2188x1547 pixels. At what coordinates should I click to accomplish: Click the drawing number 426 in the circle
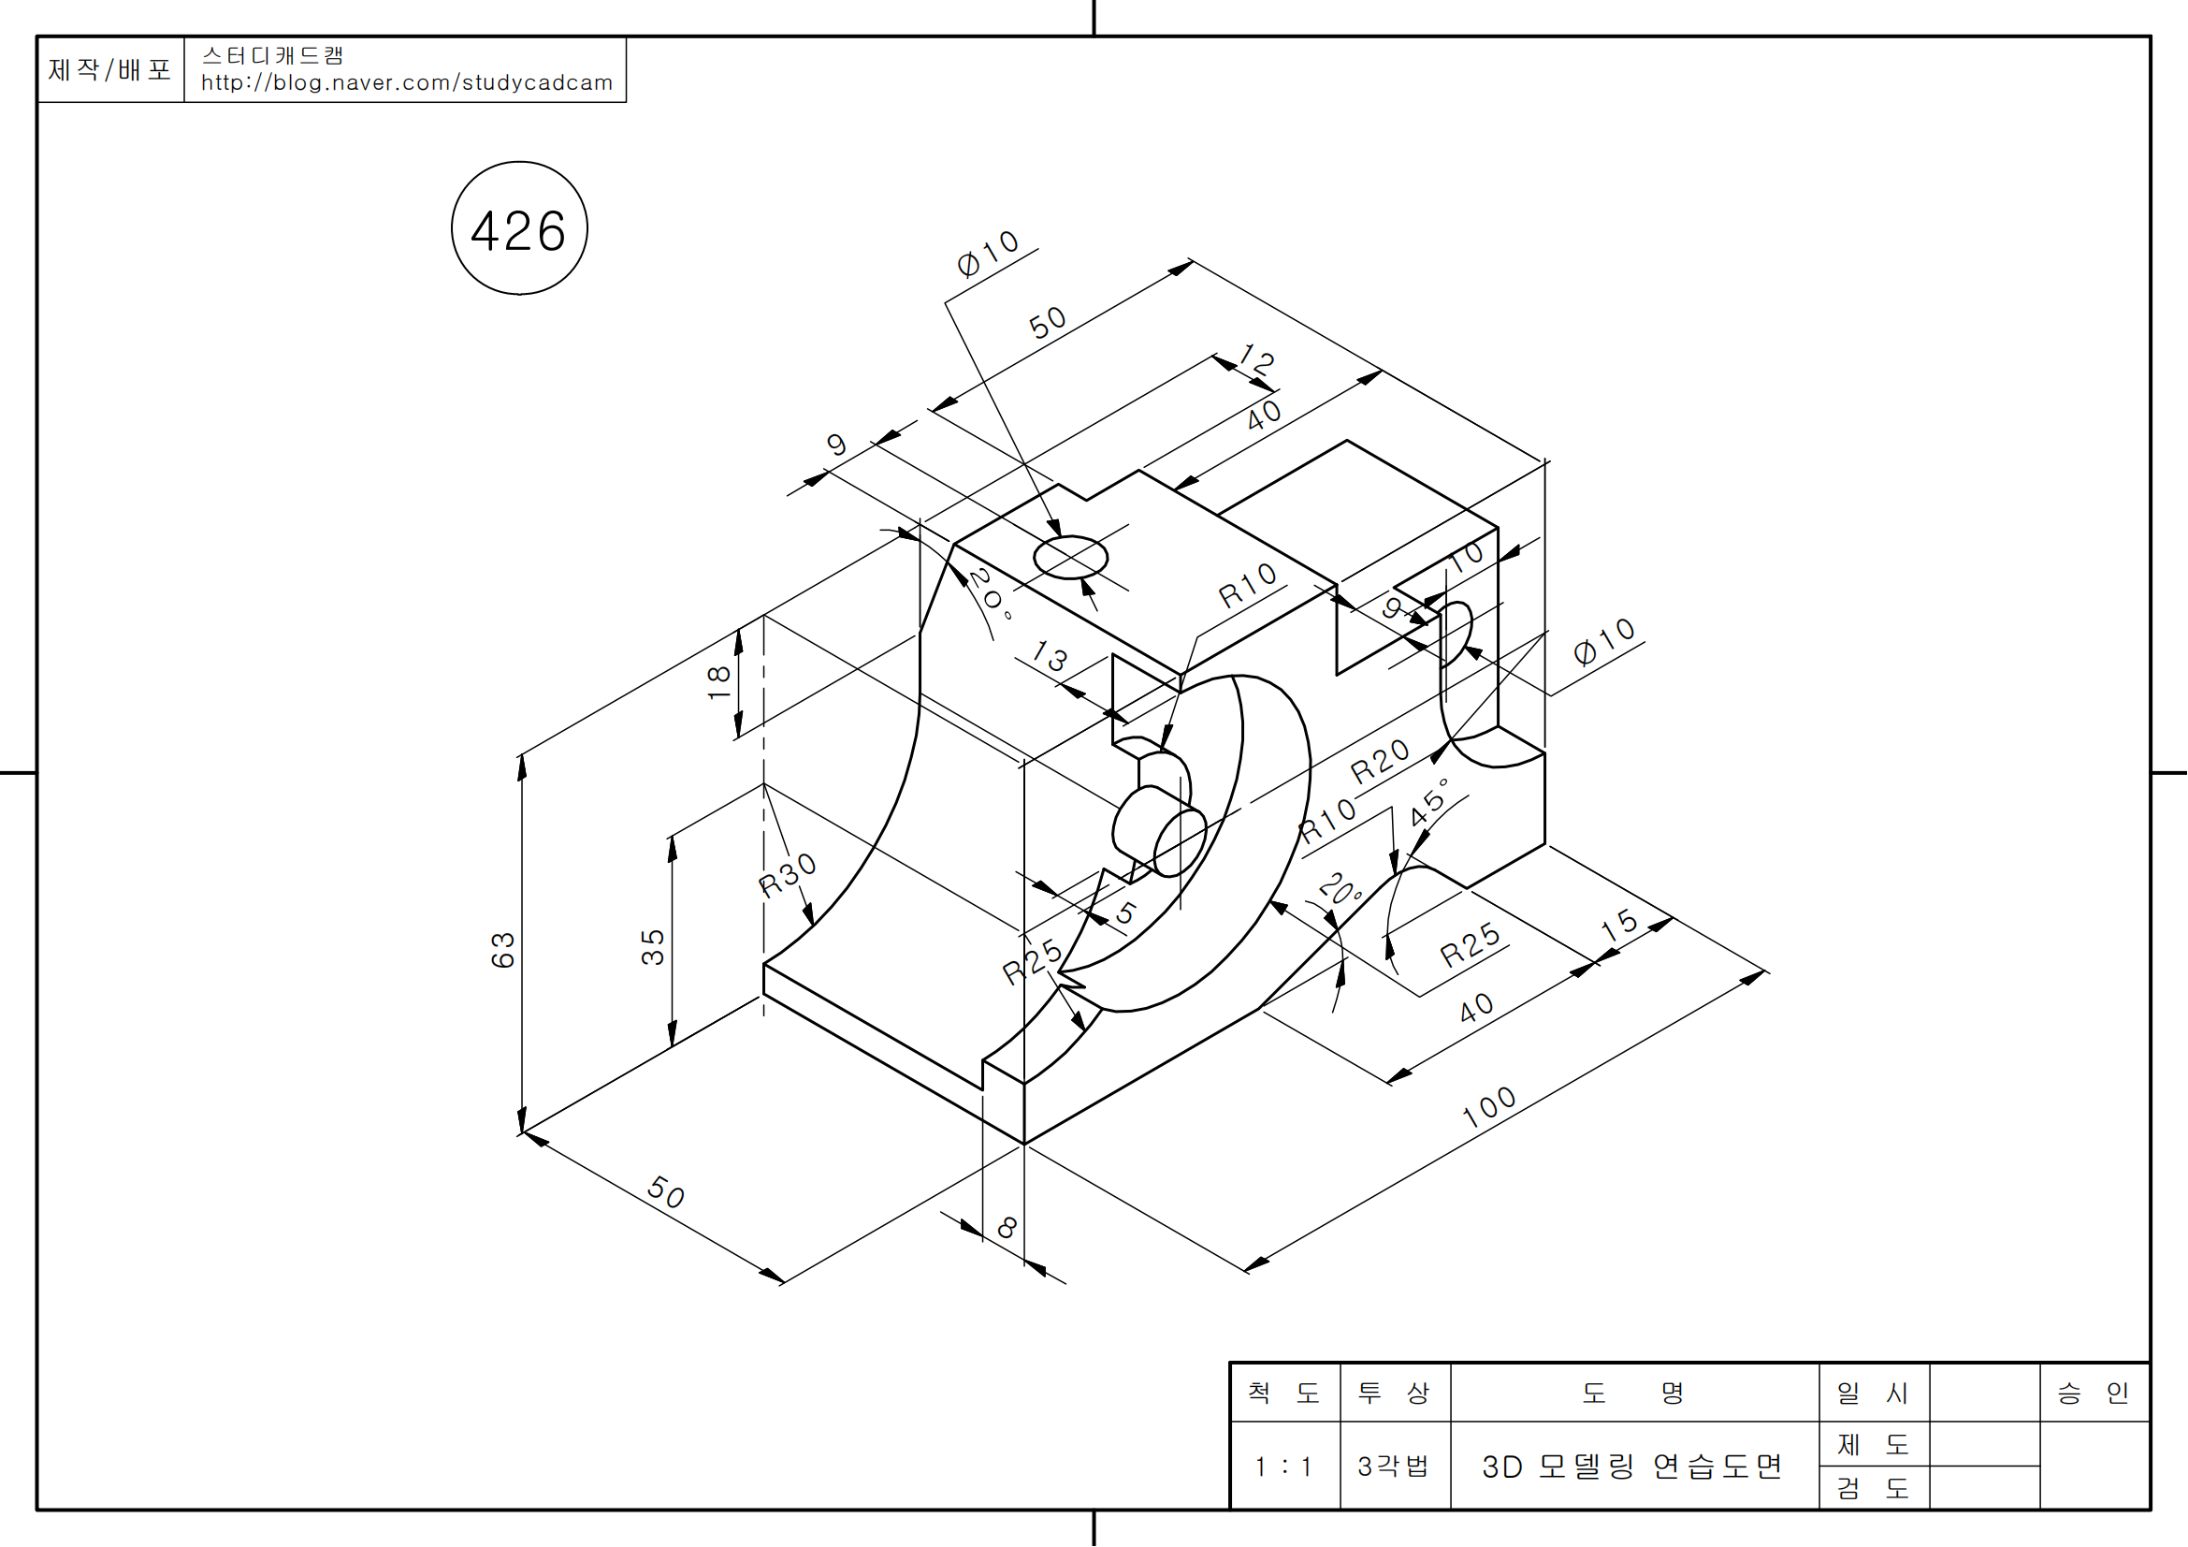coord(518,230)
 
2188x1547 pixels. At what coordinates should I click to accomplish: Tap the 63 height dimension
coord(502,949)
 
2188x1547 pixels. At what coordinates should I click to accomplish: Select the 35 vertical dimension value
coord(653,946)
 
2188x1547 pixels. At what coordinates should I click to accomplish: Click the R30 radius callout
coord(787,874)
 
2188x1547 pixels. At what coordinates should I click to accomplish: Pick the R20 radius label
coord(1379,762)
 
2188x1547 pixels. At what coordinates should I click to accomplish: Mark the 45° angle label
coord(1430,802)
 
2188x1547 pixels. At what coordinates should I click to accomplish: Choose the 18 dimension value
coord(718,681)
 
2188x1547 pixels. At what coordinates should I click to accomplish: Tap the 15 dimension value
coord(1619,925)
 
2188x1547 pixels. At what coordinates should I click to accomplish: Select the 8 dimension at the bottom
coord(1007,1228)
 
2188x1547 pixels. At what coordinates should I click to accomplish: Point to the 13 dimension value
coord(1051,657)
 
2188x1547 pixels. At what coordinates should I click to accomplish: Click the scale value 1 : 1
coord(1283,1466)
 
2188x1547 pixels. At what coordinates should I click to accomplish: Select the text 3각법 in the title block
coord(1393,1466)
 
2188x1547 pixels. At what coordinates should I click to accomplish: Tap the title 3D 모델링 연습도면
coord(1631,1466)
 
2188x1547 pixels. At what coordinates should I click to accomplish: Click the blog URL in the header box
coord(407,83)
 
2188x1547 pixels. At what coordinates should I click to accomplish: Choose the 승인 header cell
coord(2093,1393)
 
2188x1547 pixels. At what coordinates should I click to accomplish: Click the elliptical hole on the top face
coord(1070,558)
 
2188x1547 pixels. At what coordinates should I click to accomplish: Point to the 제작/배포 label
coord(109,69)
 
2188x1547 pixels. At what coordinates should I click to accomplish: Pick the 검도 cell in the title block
coord(1873,1488)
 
